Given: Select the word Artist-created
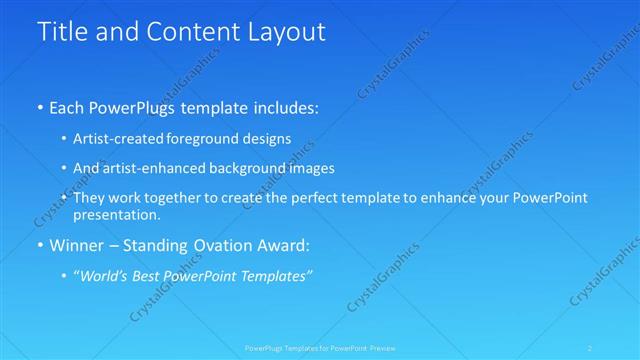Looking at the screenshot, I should [119, 139].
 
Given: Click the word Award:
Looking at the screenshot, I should [287, 245].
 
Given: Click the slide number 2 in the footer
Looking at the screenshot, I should [592, 348].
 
